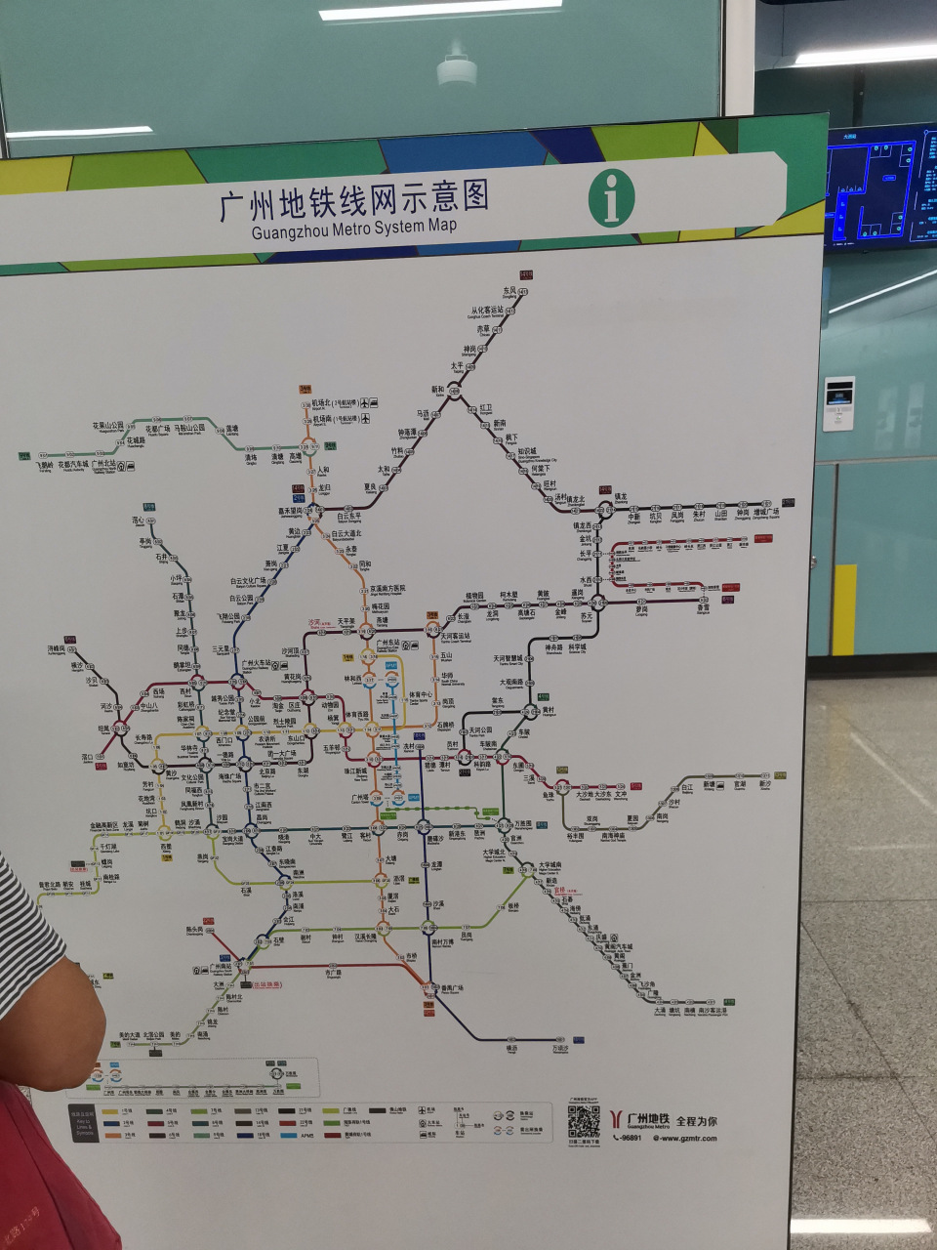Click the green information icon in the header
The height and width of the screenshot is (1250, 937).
coord(612,197)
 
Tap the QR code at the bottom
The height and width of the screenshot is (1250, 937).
coord(584,1122)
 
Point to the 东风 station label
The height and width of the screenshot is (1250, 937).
coord(509,290)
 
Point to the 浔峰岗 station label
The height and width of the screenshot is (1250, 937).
coord(56,648)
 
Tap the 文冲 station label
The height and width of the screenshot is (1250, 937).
coord(621,794)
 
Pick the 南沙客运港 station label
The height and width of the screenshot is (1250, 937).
coord(713,1011)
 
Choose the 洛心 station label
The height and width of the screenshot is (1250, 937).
coord(138,521)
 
